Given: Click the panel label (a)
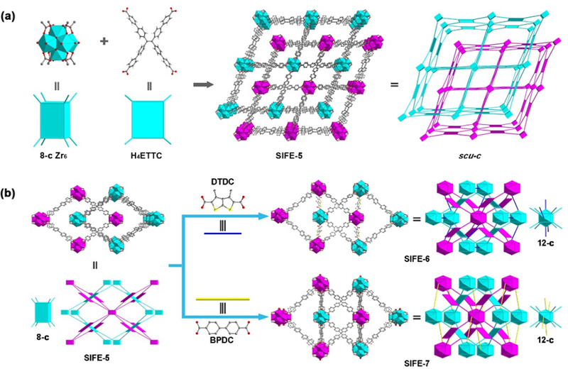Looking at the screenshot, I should click(12, 9).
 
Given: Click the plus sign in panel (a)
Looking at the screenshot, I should click(105, 40).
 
